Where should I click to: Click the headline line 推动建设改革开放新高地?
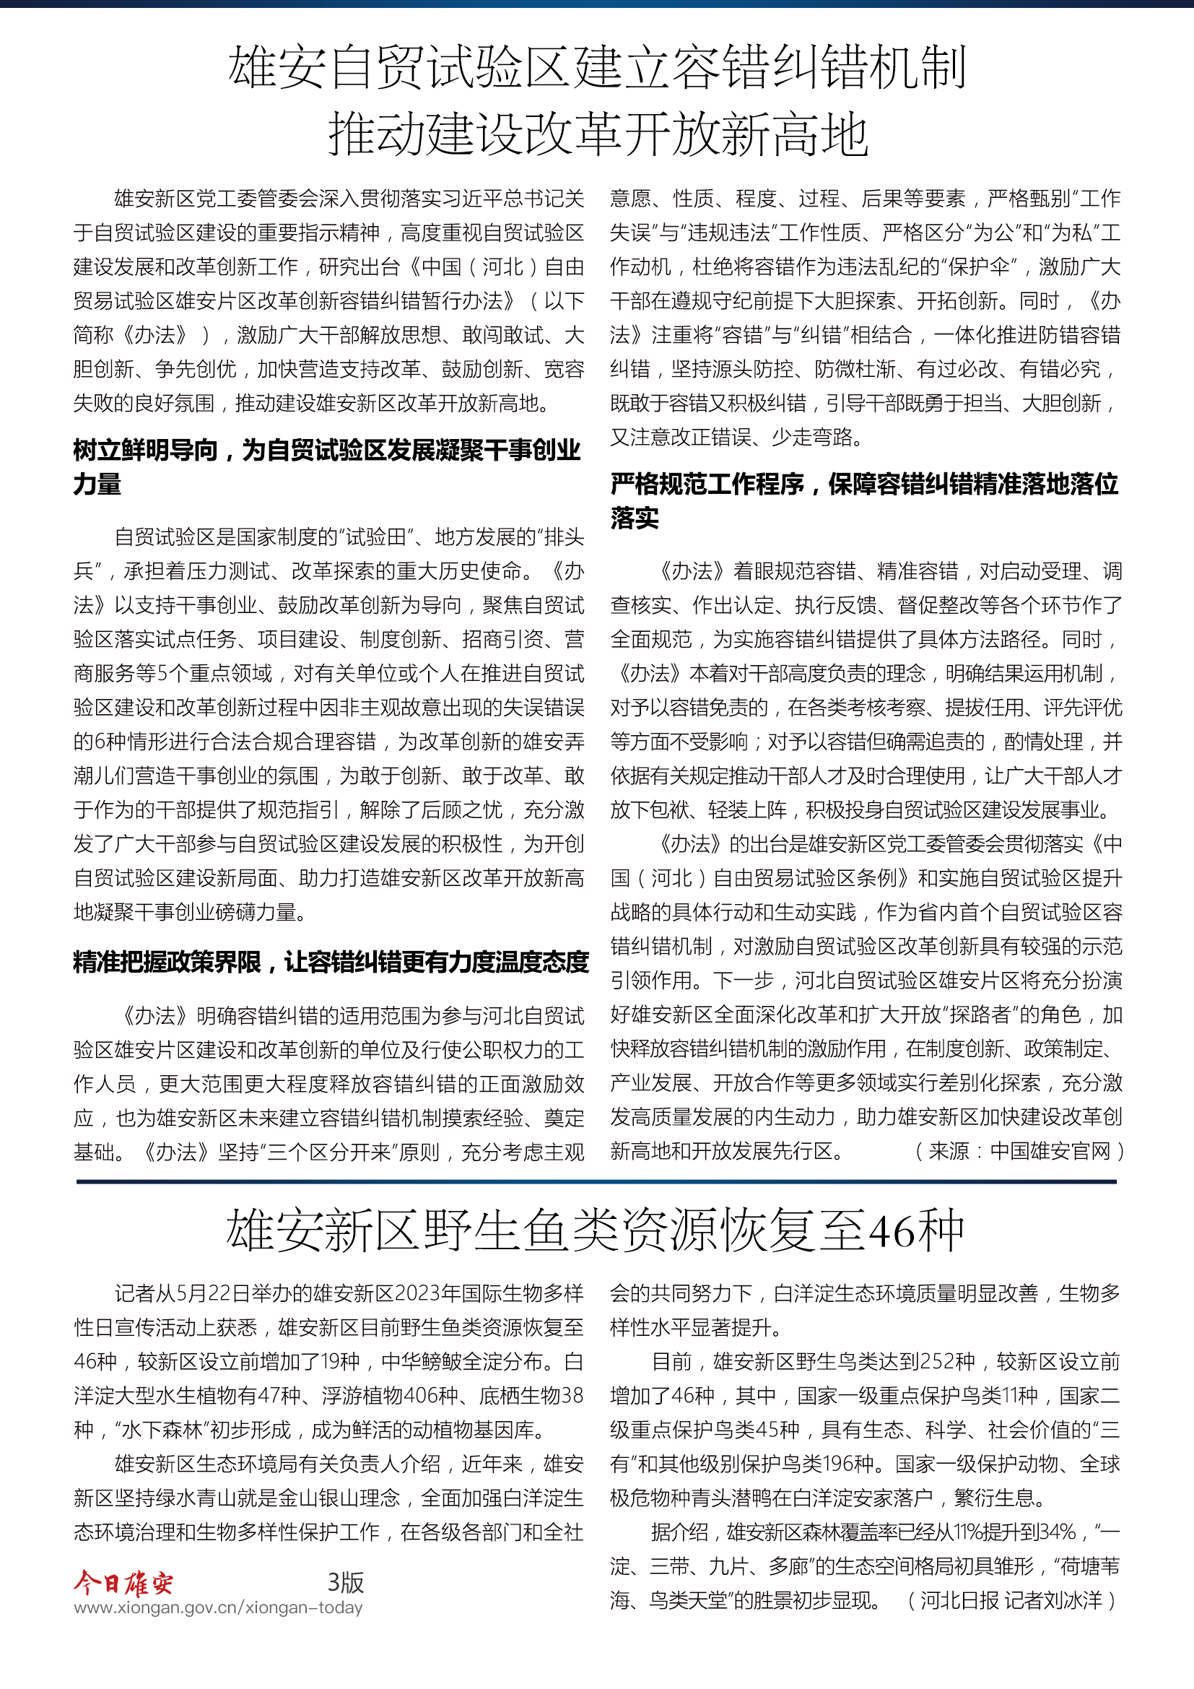coord(597,134)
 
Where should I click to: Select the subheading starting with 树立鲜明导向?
coord(327,466)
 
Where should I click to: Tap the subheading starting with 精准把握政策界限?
coord(331,961)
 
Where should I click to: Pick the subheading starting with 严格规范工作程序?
coord(865,500)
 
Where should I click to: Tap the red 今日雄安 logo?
coord(123,1581)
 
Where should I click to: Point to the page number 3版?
coord(345,1581)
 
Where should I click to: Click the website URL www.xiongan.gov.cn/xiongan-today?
coord(218,1607)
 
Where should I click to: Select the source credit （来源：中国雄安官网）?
coord(1019,1151)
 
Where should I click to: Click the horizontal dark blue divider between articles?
coord(596,1181)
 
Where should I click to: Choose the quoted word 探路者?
coord(979,1015)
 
